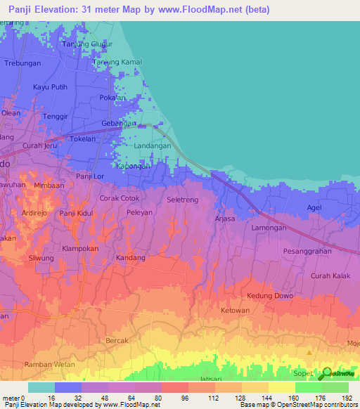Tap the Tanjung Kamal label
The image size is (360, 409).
(x=117, y=62)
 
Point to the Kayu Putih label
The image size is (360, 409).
(x=50, y=87)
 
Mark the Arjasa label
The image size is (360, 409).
(x=225, y=219)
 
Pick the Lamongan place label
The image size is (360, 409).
(x=269, y=228)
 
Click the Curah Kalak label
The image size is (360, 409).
(x=330, y=275)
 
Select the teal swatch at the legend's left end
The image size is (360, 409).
(x=41, y=387)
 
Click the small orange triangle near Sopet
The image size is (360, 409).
(x=309, y=352)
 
